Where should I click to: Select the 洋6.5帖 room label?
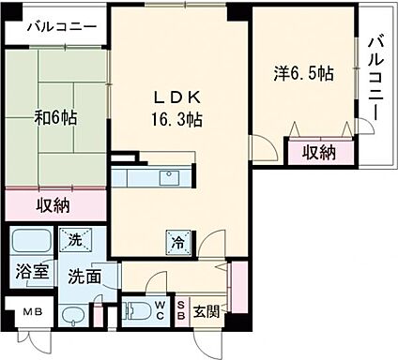304,72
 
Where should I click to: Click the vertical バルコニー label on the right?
375,82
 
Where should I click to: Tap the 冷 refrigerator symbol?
177,240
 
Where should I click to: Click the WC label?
160,309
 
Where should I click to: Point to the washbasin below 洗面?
72,313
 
